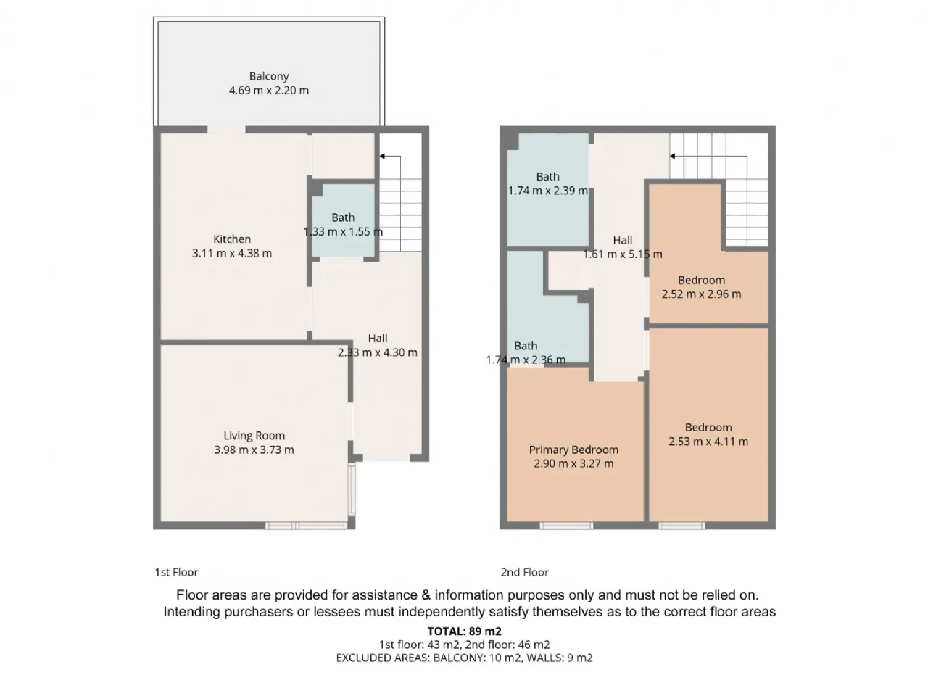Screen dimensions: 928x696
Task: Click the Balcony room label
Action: [269, 76]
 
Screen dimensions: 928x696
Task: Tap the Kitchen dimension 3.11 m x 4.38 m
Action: [232, 253]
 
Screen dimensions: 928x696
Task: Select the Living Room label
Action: [254, 436]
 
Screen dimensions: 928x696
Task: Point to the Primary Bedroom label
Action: [573, 450]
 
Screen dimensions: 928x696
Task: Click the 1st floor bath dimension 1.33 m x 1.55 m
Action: [344, 231]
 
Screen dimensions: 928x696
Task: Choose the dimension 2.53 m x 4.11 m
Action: [708, 442]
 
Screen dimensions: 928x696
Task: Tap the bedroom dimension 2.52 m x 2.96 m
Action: [701, 294]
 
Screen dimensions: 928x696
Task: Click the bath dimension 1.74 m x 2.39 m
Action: [548, 191]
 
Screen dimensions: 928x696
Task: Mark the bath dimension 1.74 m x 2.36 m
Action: [526, 360]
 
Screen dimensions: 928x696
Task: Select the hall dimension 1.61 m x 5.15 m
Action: [623, 254]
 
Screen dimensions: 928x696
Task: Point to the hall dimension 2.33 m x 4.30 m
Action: [378, 352]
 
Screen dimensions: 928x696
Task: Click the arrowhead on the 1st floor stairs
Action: [382, 157]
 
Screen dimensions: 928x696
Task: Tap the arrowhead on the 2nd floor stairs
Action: [672, 157]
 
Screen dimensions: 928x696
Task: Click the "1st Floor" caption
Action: [176, 572]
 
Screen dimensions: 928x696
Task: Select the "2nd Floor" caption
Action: [525, 572]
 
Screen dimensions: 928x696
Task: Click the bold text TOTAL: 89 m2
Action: [464, 631]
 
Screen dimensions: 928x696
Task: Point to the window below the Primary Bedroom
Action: [566, 526]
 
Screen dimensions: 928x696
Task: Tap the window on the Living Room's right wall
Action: [352, 489]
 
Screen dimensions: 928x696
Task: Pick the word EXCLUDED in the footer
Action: [364, 658]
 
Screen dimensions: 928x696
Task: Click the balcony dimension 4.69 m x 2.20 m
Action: [269, 91]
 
